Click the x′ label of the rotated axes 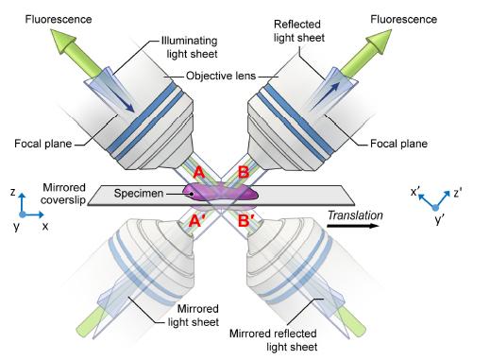click(x=415, y=191)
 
